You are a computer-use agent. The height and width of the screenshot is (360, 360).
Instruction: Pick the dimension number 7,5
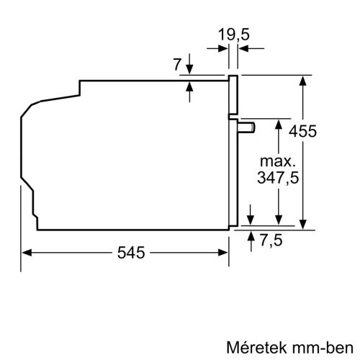[271, 240]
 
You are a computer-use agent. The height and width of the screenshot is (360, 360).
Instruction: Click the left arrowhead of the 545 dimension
[27, 253]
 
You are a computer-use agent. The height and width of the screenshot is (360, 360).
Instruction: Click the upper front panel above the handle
[233, 94]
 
